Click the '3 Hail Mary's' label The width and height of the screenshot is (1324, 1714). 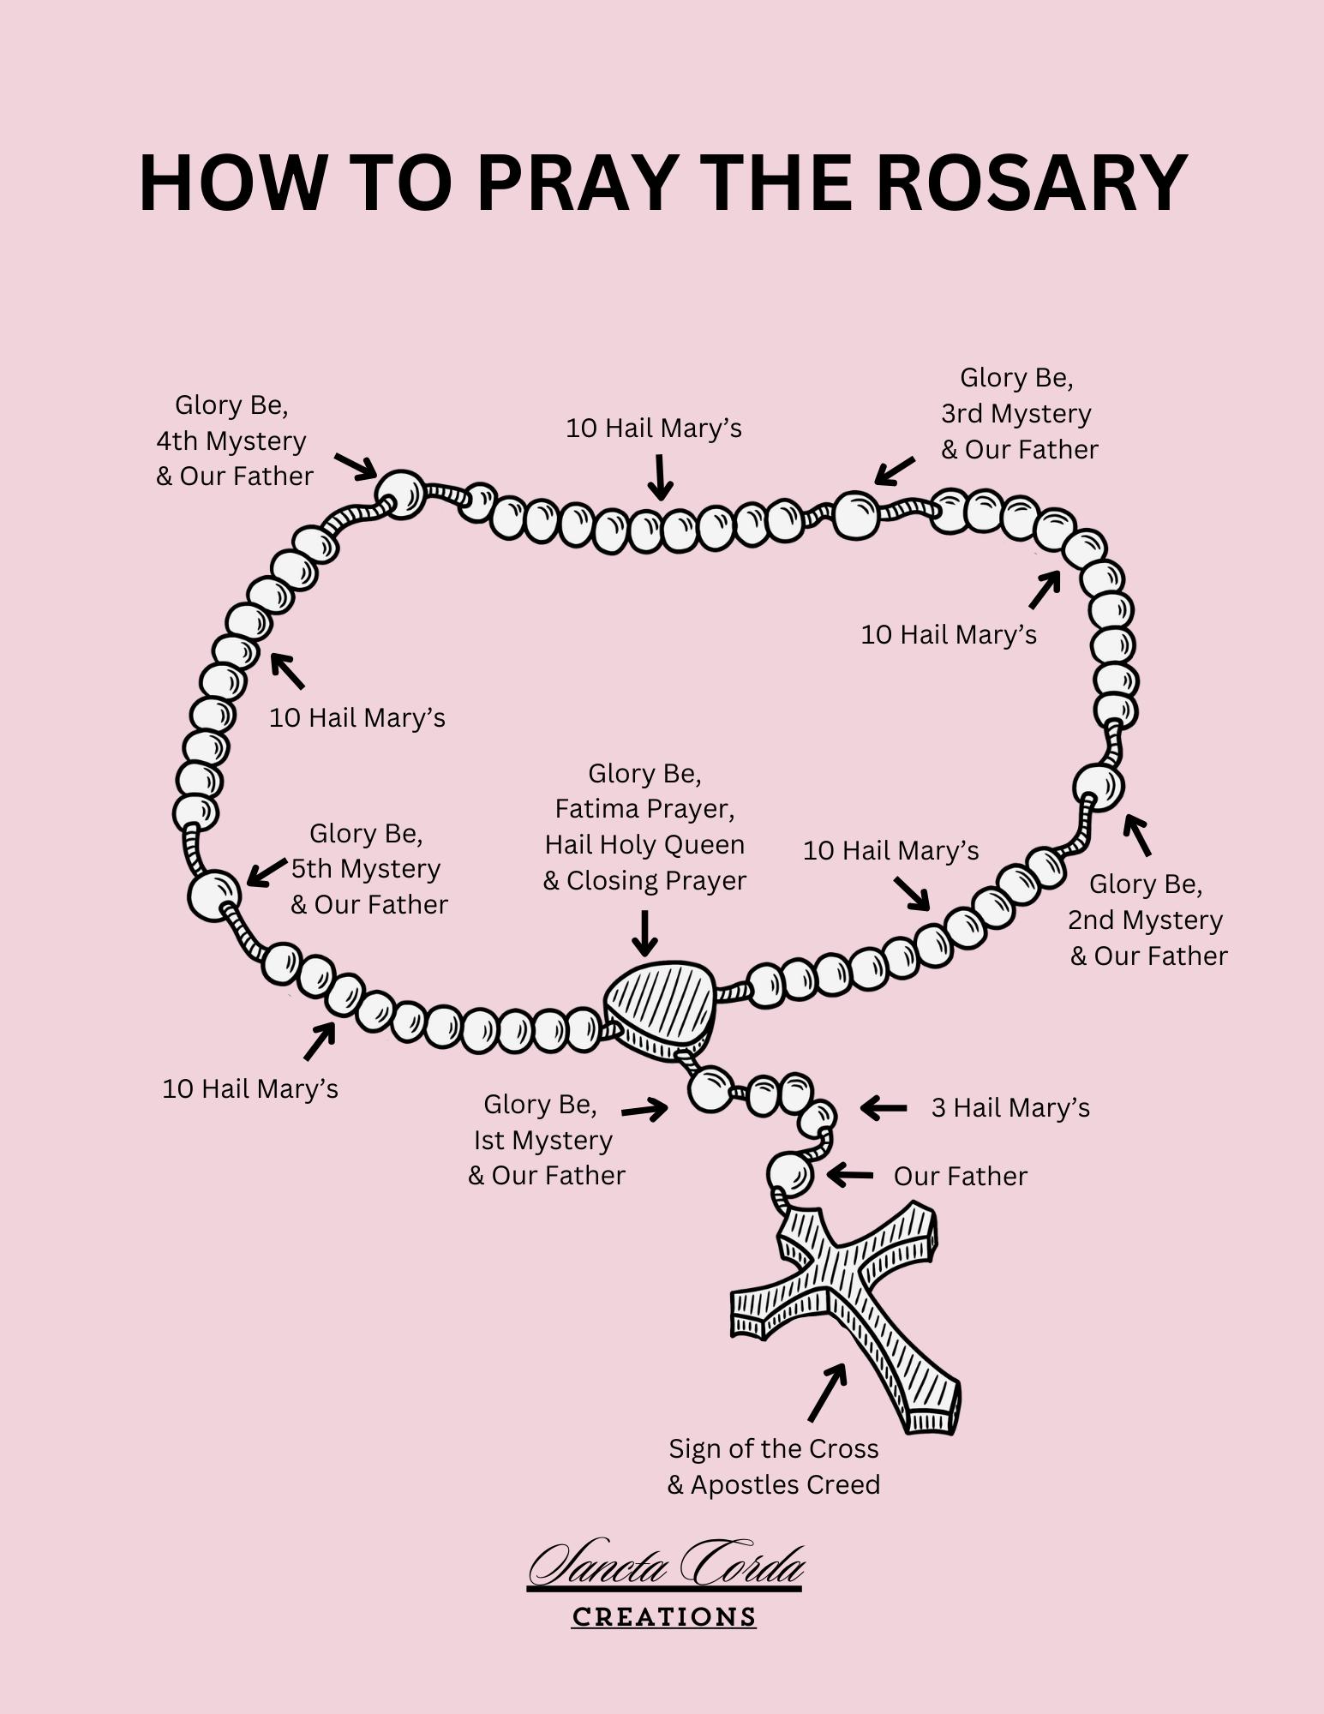pyautogui.click(x=1009, y=1107)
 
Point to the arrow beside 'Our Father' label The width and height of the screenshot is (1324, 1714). pyautogui.click(x=850, y=1175)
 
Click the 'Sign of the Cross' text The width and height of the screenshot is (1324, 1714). pyautogui.click(x=773, y=1448)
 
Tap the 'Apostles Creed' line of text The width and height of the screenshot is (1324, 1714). pyautogui.click(x=784, y=1484)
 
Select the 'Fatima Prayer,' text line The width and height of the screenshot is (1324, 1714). pyautogui.click(x=644, y=808)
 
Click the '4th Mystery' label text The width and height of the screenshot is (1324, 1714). pyautogui.click(x=231, y=440)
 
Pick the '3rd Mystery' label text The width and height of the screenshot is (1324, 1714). pyautogui.click(x=1015, y=413)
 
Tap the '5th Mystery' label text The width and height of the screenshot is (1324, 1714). pyautogui.click(x=366, y=868)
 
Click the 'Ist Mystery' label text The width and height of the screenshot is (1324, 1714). pyautogui.click(x=542, y=1140)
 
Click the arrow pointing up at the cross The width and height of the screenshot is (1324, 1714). pyautogui.click(x=827, y=1392)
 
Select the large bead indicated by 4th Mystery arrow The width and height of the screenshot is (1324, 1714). pyautogui.click(x=400, y=494)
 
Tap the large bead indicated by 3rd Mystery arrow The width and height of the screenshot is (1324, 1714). pyautogui.click(x=855, y=515)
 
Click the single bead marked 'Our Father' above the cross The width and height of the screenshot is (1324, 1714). pyautogui.click(x=789, y=1174)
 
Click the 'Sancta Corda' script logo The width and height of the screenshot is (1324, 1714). pyautogui.click(x=666, y=1567)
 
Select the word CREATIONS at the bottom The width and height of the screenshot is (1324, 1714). pyautogui.click(x=663, y=1617)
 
